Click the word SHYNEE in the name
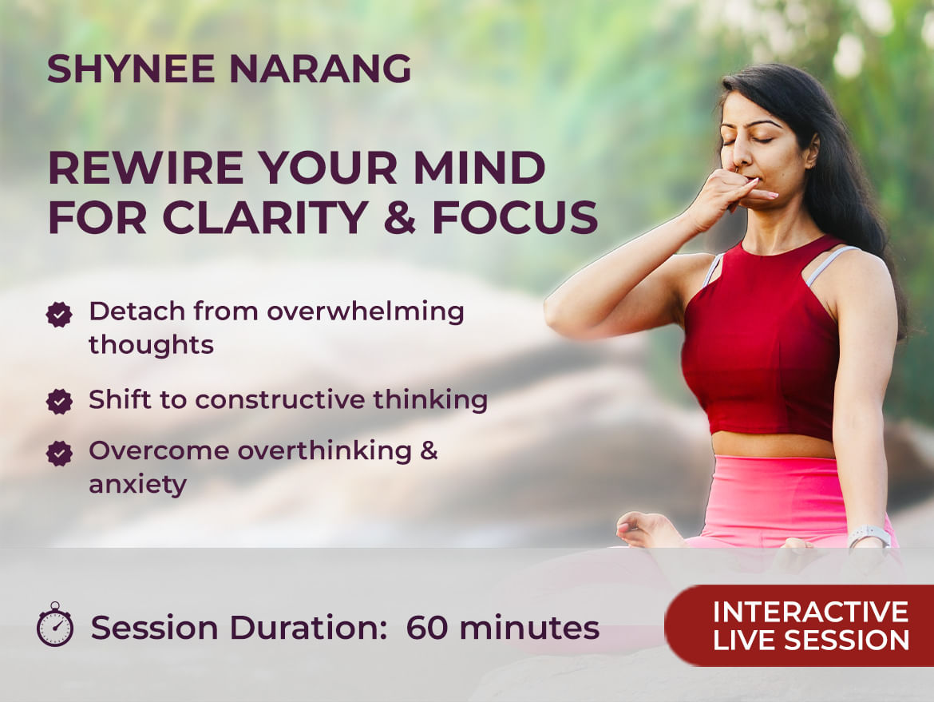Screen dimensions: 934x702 131,69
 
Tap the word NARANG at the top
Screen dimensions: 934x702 320,69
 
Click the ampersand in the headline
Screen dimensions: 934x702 399,216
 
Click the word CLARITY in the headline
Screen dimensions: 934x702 265,216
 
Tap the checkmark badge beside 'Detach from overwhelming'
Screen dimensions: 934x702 59,314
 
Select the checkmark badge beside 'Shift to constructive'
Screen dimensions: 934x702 59,401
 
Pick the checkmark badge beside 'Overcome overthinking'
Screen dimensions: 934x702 59,453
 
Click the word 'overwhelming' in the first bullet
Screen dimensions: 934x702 365,312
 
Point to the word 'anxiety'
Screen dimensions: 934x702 137,485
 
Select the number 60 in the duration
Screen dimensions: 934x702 427,628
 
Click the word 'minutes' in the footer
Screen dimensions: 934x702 529,628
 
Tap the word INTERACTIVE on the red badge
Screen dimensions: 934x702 811,612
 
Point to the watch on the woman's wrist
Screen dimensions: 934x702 869,536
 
